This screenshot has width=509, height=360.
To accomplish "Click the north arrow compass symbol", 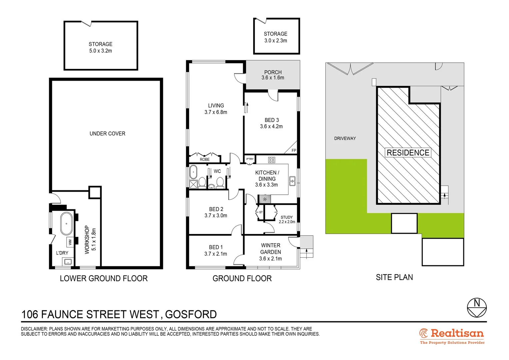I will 477,307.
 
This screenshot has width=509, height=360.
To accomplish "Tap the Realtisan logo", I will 452,336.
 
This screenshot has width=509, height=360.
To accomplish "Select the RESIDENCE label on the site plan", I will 408,153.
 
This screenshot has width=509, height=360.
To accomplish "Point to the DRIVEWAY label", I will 345,138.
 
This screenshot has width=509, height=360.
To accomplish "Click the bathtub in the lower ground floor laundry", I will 66,223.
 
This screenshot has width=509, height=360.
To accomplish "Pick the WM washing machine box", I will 70,241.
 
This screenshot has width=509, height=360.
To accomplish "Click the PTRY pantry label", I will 250,159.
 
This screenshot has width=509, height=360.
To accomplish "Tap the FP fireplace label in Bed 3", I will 293,151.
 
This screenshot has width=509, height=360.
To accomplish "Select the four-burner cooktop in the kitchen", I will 271,160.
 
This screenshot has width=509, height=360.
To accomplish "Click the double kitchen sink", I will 292,181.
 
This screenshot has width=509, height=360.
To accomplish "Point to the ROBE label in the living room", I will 205,160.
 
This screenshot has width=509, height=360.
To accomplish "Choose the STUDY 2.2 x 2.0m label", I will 287,219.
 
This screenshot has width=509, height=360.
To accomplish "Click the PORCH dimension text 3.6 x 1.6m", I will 273,78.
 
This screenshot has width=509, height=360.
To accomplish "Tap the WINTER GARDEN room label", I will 270,249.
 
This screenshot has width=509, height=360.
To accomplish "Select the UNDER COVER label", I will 107,134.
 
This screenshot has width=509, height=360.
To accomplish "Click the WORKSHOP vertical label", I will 87,239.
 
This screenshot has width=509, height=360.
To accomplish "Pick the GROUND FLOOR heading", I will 242,278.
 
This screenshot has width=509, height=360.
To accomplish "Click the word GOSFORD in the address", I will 191,314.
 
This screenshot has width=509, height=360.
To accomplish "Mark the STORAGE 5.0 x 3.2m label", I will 101,47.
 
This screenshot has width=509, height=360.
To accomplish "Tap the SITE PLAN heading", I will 394,277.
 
